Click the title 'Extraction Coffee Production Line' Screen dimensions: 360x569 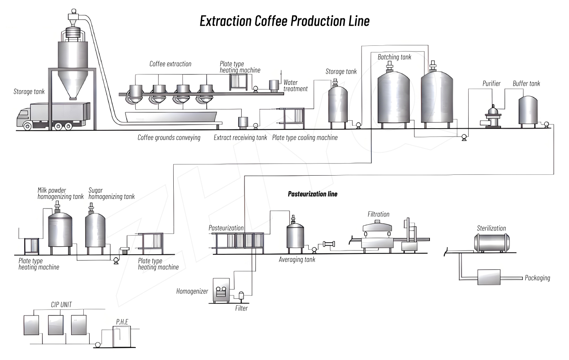pyautogui.click(x=284, y=21)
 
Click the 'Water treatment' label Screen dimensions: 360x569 pyautogui.click(x=295, y=85)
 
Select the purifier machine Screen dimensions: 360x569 pyautogui.click(x=493, y=116)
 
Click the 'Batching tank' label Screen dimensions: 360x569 pyautogui.click(x=394, y=57)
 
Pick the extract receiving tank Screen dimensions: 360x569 pyautogui.click(x=242, y=122)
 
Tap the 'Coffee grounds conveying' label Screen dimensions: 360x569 pyautogui.click(x=169, y=137)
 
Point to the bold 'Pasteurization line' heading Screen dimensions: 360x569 pyautogui.click(x=312, y=194)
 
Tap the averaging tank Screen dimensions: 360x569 pyautogui.click(x=295, y=235)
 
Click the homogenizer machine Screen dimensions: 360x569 pyautogui.click(x=221, y=290)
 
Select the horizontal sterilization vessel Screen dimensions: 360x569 pyautogui.click(x=492, y=242)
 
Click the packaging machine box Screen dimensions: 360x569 pyautogui.click(x=489, y=277)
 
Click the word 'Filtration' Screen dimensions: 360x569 pyautogui.click(x=378, y=214)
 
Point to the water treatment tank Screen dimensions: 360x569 pyautogui.click(x=274, y=85)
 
